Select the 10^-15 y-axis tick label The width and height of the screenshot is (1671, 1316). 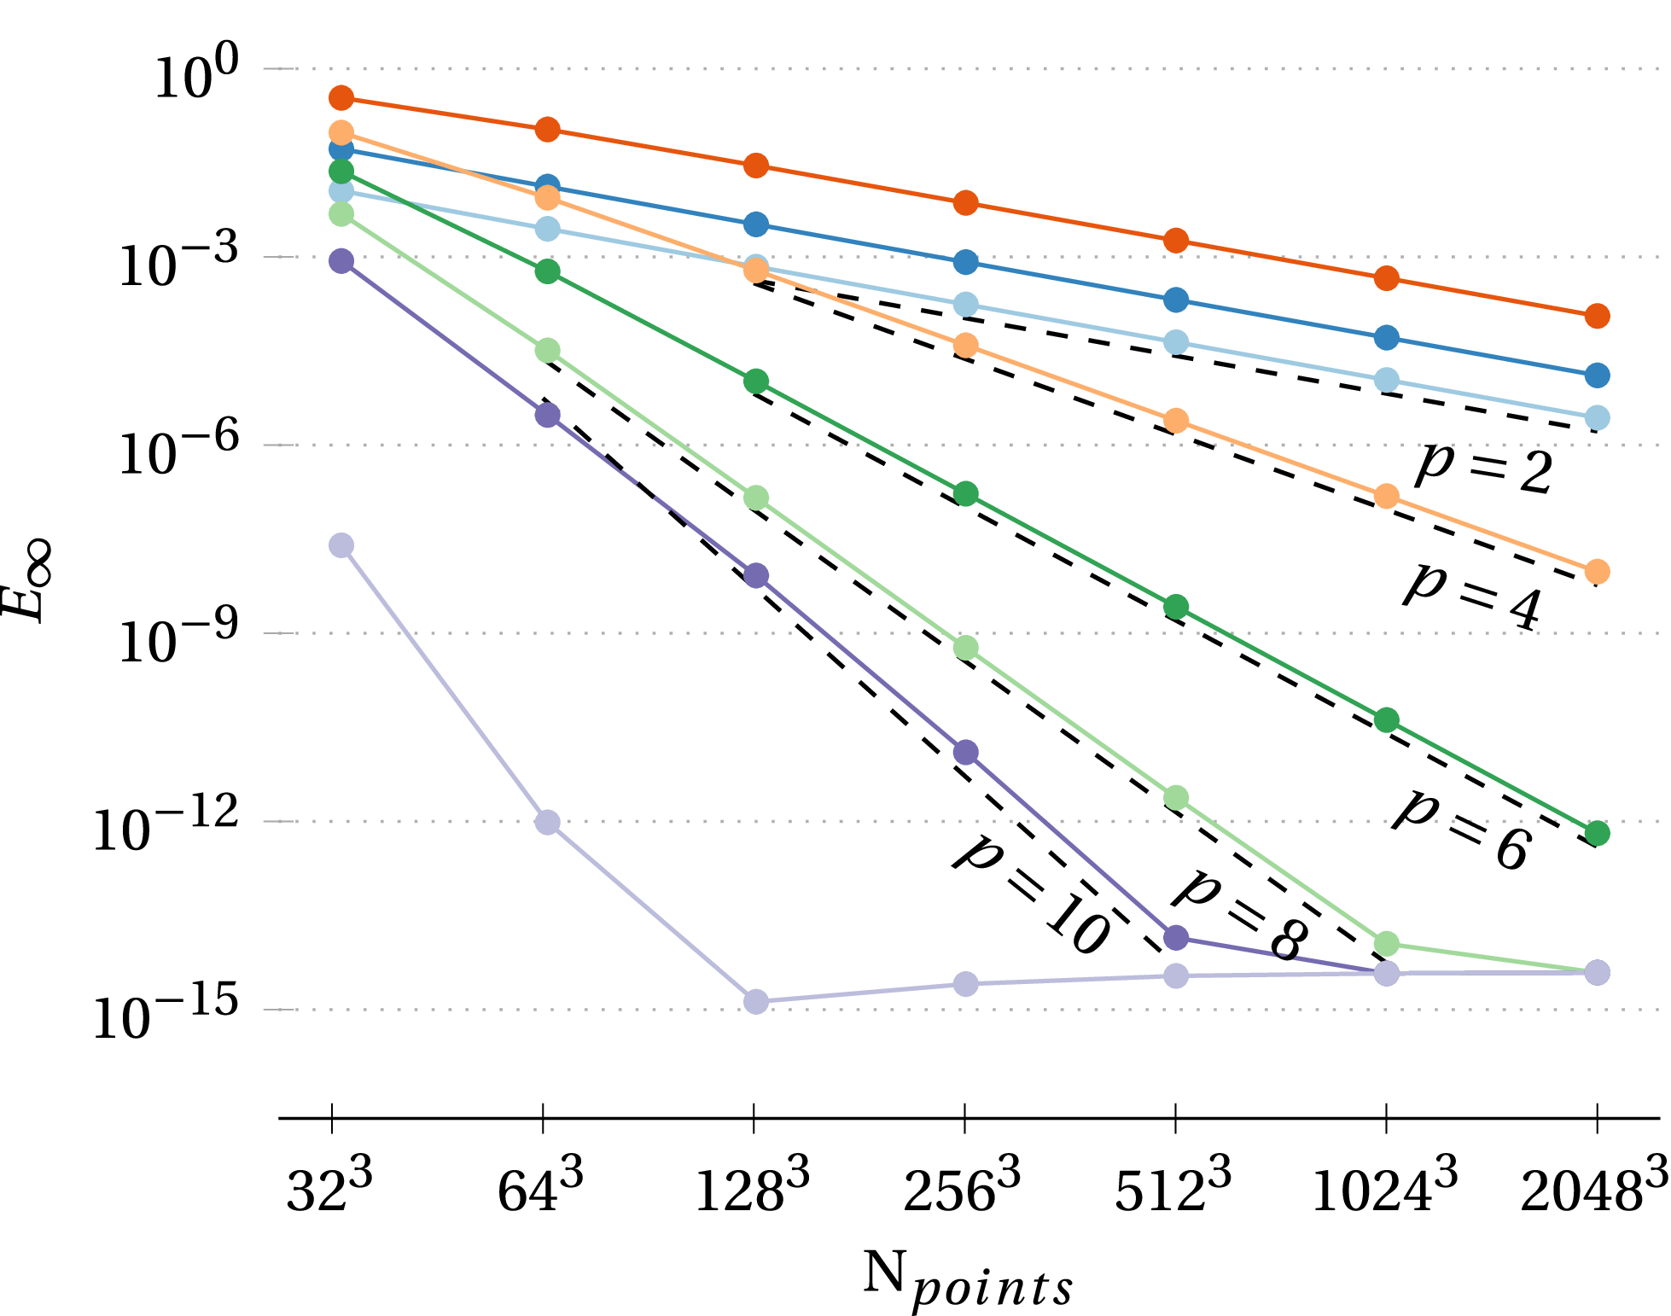click(x=166, y=1018)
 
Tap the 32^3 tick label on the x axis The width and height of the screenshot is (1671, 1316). click(x=329, y=1189)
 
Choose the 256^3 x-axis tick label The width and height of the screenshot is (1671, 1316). click(x=962, y=1189)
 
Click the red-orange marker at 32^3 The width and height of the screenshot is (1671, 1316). click(x=341, y=98)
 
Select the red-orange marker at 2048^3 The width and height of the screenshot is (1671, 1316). click(x=1598, y=316)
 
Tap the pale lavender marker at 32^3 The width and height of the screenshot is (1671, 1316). click(x=341, y=545)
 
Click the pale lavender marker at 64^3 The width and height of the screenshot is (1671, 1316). click(x=547, y=823)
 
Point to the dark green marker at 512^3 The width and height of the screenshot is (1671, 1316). click(x=1176, y=608)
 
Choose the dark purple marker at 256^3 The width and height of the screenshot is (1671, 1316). click(x=965, y=753)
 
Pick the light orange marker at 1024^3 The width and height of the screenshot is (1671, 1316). click(x=1387, y=496)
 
